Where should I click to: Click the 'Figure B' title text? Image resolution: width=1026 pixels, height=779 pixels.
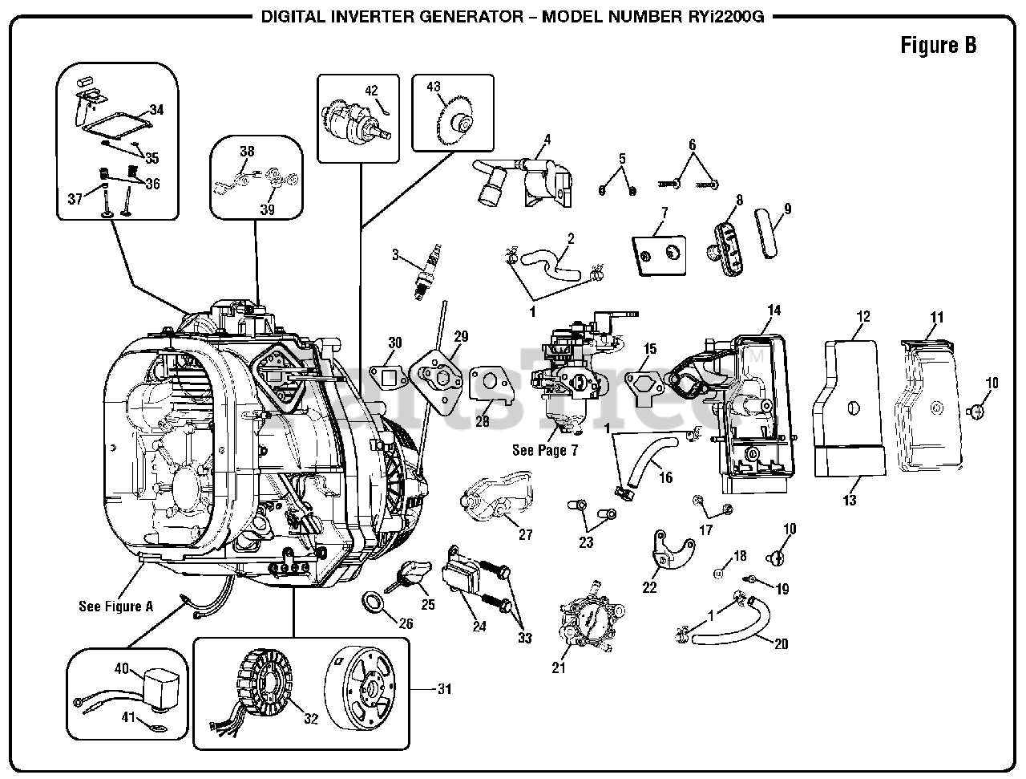point(938,45)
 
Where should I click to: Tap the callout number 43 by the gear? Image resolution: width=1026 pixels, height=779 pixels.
point(434,86)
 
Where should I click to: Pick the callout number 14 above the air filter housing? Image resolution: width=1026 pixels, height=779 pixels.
point(774,310)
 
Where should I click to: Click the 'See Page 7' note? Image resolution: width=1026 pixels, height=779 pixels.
point(545,450)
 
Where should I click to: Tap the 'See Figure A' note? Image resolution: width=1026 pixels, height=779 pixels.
point(115,607)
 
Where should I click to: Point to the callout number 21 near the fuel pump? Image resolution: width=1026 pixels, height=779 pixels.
point(558,667)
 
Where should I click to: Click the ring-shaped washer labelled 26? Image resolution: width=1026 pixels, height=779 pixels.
point(373,602)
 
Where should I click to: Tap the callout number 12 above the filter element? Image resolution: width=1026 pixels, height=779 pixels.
point(863,317)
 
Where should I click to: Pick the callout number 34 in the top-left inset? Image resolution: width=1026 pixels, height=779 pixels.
point(156,110)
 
